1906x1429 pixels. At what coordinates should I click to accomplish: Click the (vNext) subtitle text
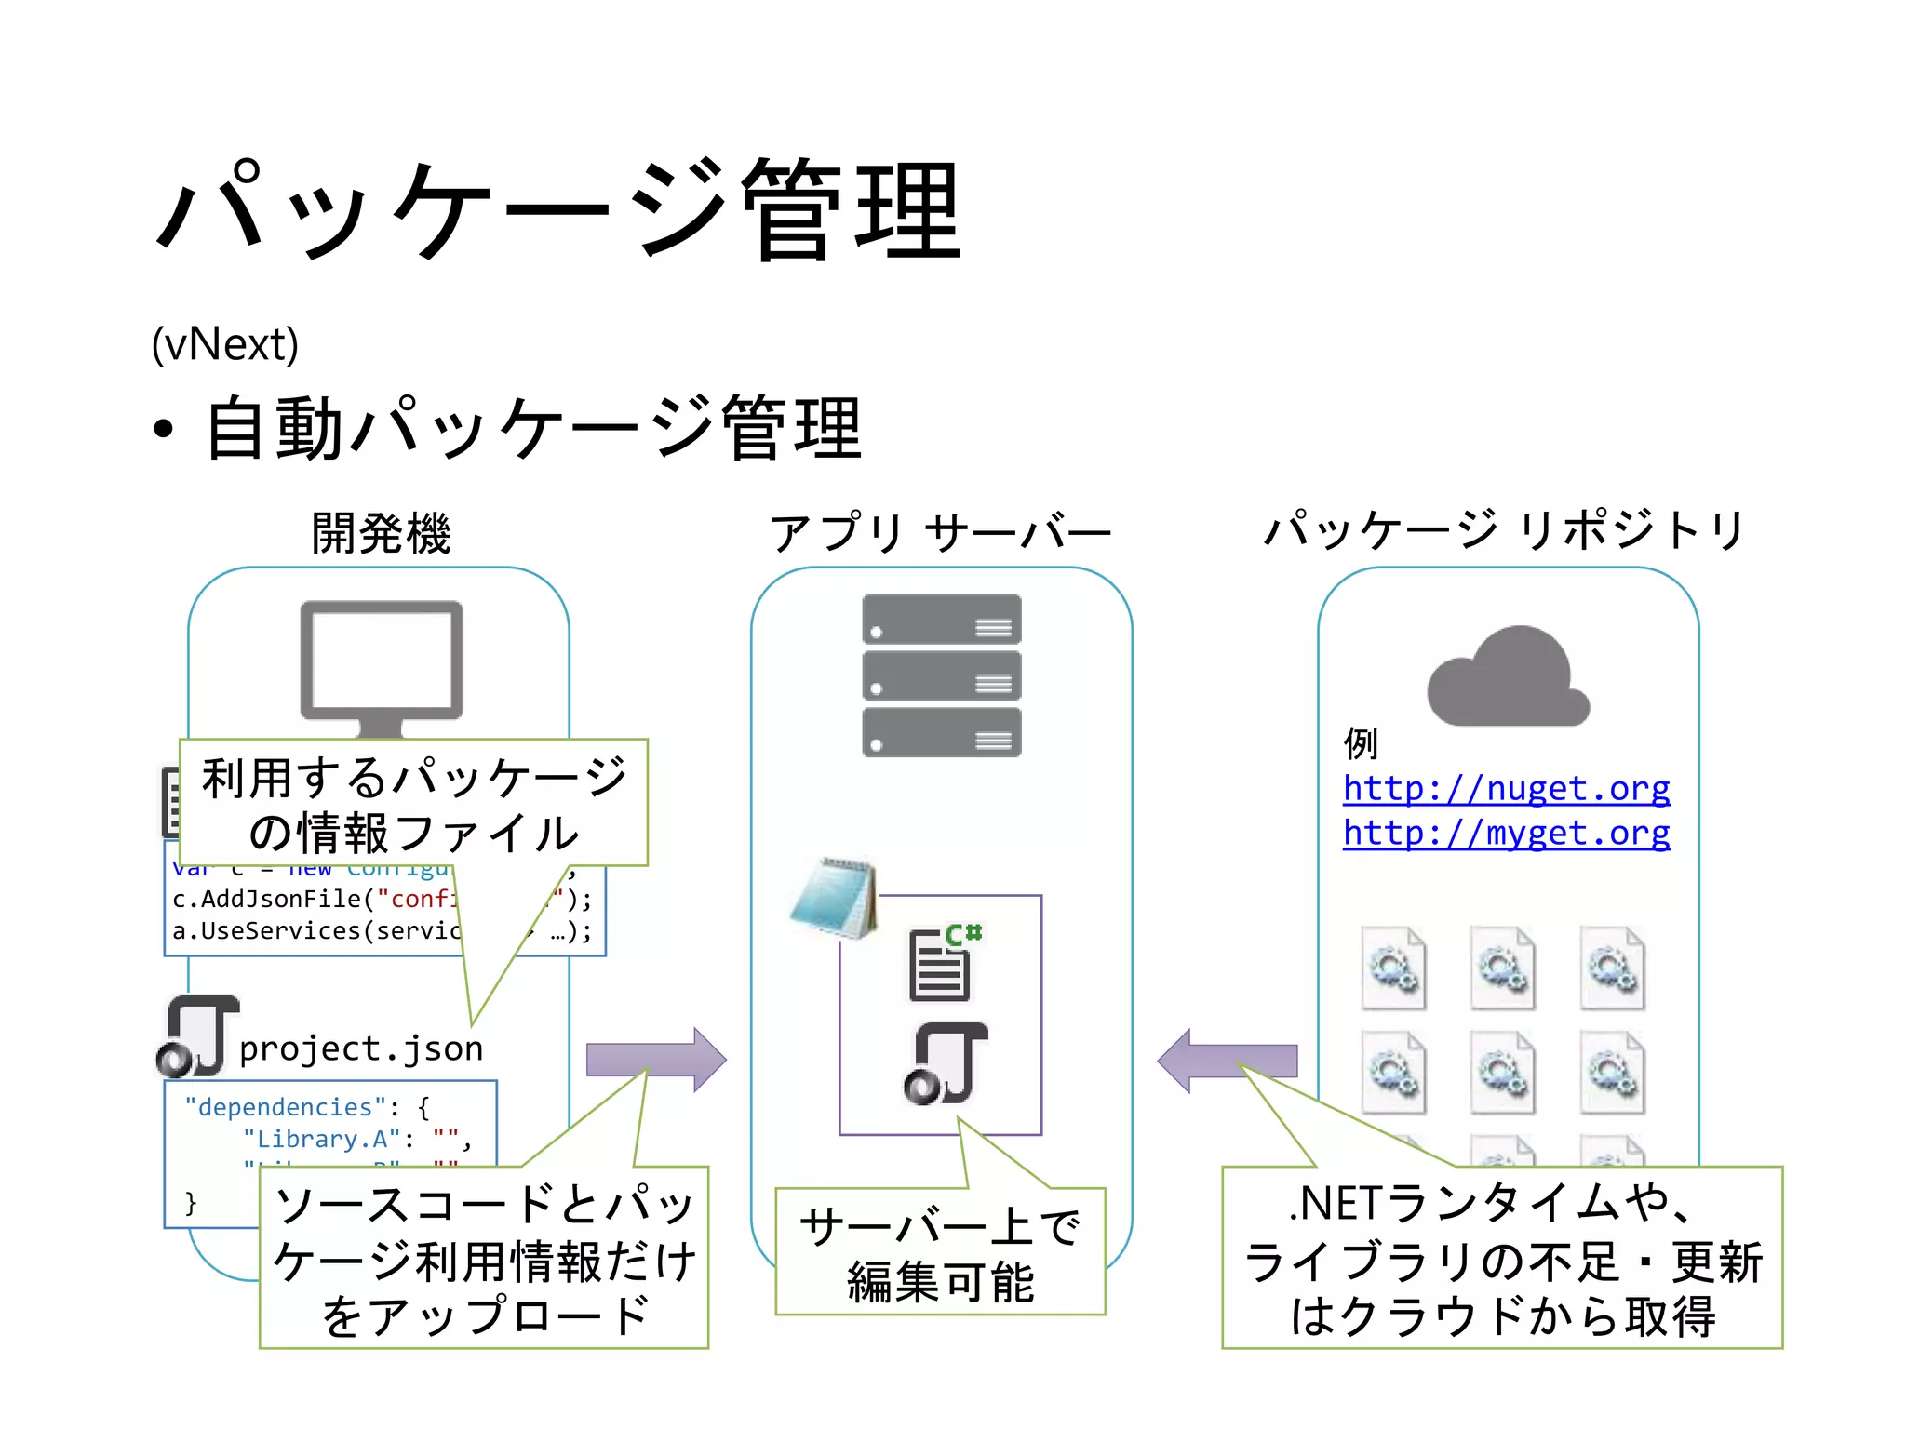pyautogui.click(x=225, y=345)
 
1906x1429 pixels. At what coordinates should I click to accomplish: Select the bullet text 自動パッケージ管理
pyautogui.click(x=532, y=428)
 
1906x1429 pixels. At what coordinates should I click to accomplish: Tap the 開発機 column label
pyautogui.click(x=381, y=533)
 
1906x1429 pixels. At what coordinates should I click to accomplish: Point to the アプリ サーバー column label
pyautogui.click(x=940, y=533)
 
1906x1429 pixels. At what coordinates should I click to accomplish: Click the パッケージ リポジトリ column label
pyautogui.click(x=1505, y=530)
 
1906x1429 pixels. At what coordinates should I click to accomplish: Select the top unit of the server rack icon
pyautogui.click(x=941, y=620)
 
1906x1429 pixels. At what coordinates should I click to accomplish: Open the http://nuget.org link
pyautogui.click(x=1506, y=789)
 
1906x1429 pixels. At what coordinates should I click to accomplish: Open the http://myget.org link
pyautogui.click(x=1506, y=833)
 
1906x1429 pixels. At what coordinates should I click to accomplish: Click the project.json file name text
pyautogui.click(x=361, y=1048)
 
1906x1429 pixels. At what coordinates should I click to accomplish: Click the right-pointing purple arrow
pyautogui.click(x=656, y=1060)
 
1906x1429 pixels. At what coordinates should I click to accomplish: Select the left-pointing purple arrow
pyautogui.click(x=1227, y=1061)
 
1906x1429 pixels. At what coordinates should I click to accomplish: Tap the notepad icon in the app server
pyautogui.click(x=834, y=898)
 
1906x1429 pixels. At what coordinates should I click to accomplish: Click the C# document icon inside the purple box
pyautogui.click(x=943, y=964)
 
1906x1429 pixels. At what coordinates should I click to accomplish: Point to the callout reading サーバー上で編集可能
pyautogui.click(x=940, y=1252)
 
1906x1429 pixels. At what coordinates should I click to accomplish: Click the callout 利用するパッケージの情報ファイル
pyautogui.click(x=413, y=803)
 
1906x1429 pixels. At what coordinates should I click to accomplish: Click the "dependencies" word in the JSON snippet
pyautogui.click(x=285, y=1107)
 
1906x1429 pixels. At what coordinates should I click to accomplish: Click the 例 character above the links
pyautogui.click(x=1360, y=743)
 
